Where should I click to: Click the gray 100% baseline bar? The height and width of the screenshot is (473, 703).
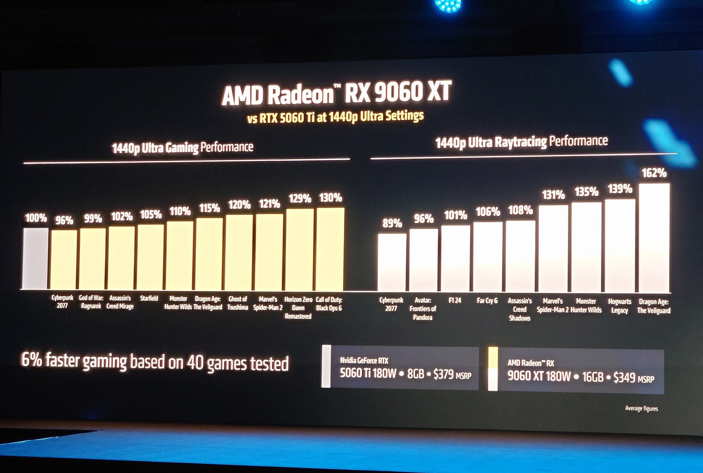pos(36,258)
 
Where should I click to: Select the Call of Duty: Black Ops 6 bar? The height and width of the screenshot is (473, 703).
pos(330,249)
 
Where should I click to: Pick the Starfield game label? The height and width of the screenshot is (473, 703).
pos(149,299)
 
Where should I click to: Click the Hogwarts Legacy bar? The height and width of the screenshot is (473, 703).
pos(620,246)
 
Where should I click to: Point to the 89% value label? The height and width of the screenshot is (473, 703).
pos(392,224)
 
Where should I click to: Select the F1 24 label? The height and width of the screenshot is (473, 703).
pos(455,301)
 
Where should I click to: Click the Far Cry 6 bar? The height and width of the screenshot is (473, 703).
pos(487,257)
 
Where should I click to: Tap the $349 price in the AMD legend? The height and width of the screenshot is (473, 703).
pos(624,378)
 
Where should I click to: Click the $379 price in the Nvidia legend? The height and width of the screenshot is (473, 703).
pos(443,374)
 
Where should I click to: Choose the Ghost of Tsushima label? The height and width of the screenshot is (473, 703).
pos(238,303)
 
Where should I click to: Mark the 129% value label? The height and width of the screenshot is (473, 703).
pos(300,199)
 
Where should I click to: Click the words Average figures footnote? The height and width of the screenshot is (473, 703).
pos(641,408)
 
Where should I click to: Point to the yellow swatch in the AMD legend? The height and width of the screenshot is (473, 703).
pos(493,358)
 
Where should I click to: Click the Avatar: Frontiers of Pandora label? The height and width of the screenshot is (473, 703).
pos(423,309)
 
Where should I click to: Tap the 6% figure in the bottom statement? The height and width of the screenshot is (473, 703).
pos(32,360)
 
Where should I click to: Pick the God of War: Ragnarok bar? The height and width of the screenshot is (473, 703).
pos(92,259)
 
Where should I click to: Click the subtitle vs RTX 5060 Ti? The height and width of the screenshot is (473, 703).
pos(335,117)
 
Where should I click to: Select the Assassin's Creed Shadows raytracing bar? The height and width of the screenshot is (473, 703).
pos(520,256)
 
